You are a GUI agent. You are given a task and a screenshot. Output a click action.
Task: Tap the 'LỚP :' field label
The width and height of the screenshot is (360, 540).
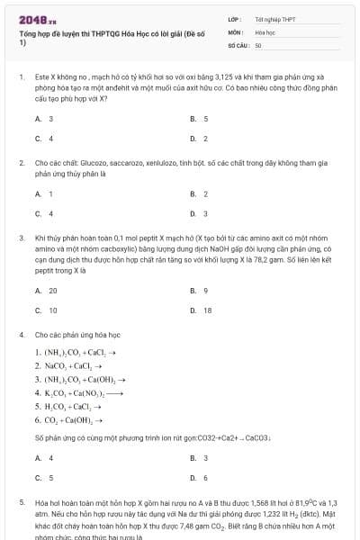coord(235,19)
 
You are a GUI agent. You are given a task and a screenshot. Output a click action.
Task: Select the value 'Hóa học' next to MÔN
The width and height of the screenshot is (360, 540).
coord(265,31)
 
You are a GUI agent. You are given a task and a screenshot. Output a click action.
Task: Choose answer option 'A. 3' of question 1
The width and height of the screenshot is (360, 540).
coord(44,119)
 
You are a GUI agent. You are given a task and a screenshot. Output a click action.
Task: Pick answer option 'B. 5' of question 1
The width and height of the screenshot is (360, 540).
coord(199,119)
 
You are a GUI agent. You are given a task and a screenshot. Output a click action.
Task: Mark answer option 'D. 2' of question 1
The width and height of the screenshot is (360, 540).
coord(199,139)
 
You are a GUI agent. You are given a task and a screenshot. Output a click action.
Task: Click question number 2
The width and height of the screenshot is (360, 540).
coord(22,163)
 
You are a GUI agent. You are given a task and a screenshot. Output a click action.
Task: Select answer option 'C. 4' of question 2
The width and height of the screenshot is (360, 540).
coord(44,213)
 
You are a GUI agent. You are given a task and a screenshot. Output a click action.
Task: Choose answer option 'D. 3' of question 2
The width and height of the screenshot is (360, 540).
coord(199,213)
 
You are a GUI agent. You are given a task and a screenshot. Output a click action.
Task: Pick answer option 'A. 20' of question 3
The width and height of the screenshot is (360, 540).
coord(46,291)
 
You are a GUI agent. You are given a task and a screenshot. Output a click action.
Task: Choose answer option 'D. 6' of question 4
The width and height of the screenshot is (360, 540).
coord(199,478)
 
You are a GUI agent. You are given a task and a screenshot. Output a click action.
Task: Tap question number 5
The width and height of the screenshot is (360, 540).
coord(22,502)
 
